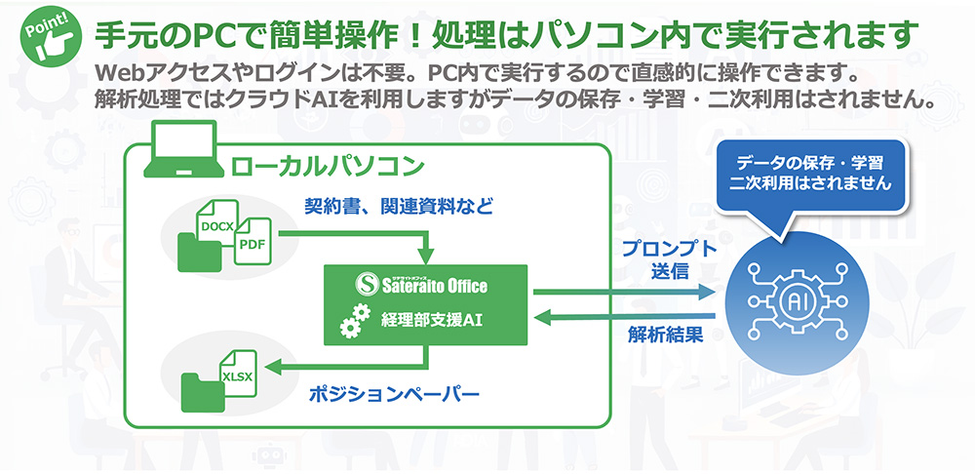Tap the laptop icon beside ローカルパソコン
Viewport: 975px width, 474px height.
point(181,155)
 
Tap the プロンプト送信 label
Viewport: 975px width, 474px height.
point(669,259)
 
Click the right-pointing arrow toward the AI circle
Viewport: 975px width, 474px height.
point(624,291)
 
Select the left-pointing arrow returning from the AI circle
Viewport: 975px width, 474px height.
point(624,314)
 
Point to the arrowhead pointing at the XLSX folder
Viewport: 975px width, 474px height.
point(277,367)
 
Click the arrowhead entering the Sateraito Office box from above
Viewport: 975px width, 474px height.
point(423,257)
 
